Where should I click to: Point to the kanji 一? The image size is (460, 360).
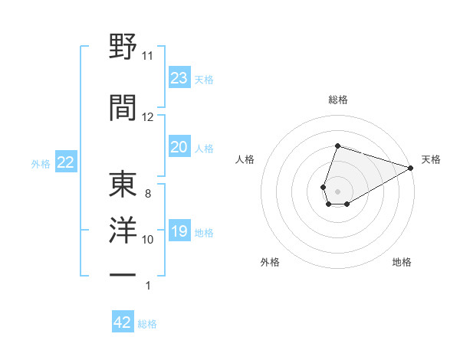(x=123, y=273)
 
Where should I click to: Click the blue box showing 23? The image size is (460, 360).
(x=179, y=78)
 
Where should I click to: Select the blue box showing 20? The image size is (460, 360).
(x=179, y=147)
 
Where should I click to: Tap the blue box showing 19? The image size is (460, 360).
(x=179, y=231)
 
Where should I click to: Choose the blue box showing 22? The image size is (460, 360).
(x=65, y=162)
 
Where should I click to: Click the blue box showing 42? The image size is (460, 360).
(x=123, y=322)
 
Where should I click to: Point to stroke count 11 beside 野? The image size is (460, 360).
(x=148, y=56)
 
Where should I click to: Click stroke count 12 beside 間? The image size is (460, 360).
(x=148, y=117)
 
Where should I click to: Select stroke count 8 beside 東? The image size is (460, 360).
(x=148, y=194)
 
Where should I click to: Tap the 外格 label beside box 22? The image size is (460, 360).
(x=41, y=163)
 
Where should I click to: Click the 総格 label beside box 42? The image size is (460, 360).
(x=147, y=324)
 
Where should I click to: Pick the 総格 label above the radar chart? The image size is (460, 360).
(x=337, y=100)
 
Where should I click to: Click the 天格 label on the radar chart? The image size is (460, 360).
(x=431, y=159)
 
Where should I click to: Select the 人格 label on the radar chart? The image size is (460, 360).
(x=245, y=159)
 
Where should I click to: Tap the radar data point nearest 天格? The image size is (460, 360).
(x=411, y=168)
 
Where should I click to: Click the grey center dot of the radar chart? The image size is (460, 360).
(x=337, y=190)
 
